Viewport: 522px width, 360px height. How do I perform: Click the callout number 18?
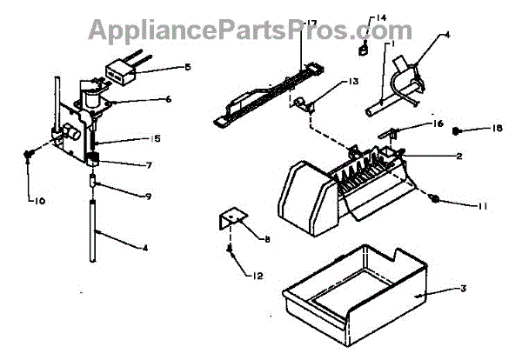pyautogui.click(x=496, y=130)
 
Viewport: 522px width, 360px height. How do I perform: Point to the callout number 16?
pyautogui.click(x=438, y=124)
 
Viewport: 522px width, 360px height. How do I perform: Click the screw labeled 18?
pyautogui.click(x=456, y=130)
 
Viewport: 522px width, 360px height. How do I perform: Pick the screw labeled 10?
pyautogui.click(x=29, y=153)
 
